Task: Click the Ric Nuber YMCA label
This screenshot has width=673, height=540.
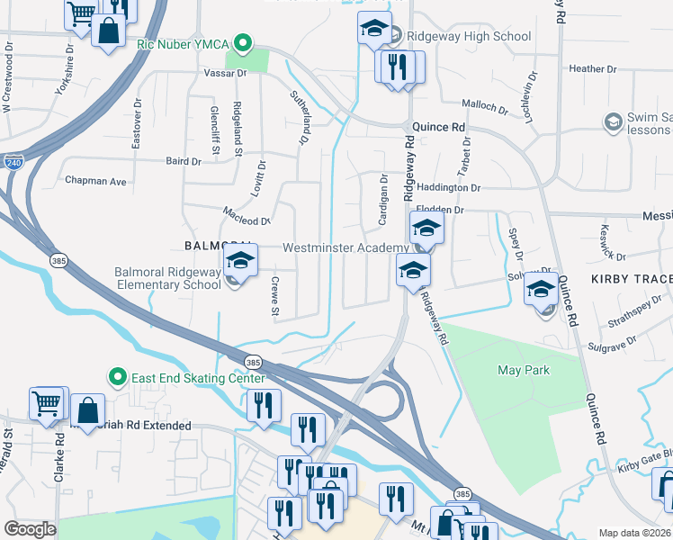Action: (184, 42)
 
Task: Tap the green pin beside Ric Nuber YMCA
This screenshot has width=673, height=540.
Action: (241, 42)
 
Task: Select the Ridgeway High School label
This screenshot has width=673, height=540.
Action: (468, 37)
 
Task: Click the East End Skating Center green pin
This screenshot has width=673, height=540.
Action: (115, 376)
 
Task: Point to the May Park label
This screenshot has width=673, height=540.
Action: (523, 370)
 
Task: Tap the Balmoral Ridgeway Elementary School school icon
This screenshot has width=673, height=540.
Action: (240, 262)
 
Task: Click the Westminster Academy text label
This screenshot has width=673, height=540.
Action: (345, 247)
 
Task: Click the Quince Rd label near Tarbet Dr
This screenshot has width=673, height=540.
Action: (438, 128)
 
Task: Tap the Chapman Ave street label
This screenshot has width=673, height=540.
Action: (95, 181)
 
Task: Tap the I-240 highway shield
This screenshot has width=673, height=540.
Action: (13, 163)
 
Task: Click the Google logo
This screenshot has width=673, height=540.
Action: (31, 529)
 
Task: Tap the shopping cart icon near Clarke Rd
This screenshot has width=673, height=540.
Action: (49, 403)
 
